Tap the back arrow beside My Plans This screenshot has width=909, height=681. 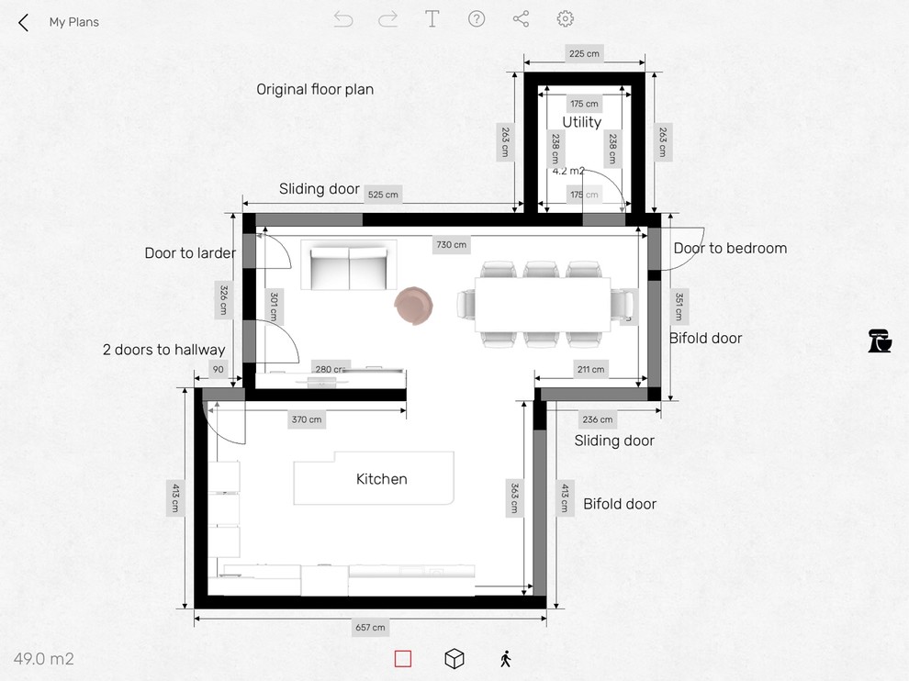click(x=24, y=22)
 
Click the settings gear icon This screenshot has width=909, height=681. click(x=566, y=19)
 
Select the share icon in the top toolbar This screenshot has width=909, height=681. click(x=521, y=19)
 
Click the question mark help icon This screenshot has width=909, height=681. click(x=477, y=19)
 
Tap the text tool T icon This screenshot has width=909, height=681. click(x=432, y=19)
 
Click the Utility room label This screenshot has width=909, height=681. click(x=582, y=122)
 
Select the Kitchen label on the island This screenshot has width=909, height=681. click(x=382, y=479)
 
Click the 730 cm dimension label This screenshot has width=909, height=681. click(x=452, y=245)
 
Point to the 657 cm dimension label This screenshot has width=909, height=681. click(x=370, y=628)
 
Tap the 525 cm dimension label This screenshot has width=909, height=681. click(x=383, y=195)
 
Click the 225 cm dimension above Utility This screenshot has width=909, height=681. click(x=584, y=54)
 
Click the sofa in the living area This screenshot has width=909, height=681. click(x=349, y=265)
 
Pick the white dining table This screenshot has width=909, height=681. click(x=543, y=304)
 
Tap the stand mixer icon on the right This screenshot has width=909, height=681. click(x=880, y=341)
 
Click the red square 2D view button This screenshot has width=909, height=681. click(x=403, y=659)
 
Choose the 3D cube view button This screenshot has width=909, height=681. click(x=454, y=659)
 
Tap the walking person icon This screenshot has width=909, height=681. click(x=505, y=659)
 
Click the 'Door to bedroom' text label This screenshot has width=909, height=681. click(x=730, y=248)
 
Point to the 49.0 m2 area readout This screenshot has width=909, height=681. click(x=44, y=659)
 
